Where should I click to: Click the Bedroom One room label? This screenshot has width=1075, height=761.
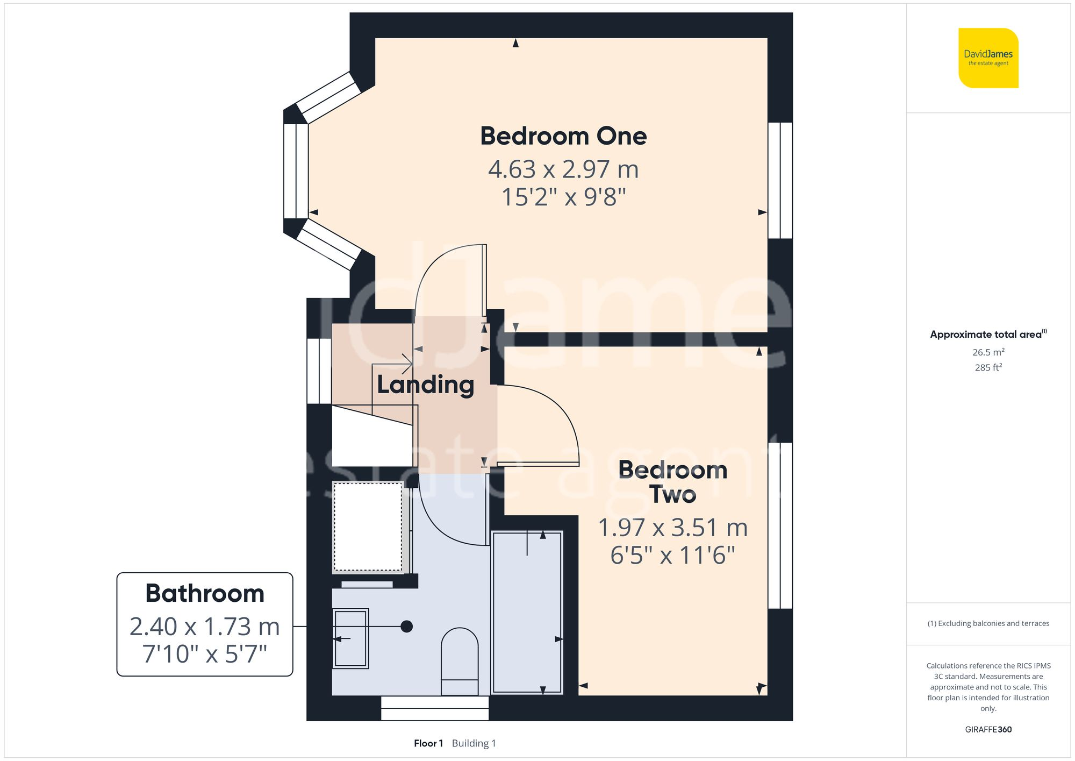click(x=563, y=136)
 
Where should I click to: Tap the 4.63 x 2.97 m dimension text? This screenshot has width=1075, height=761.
click(x=563, y=169)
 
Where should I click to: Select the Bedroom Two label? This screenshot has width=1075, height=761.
click(x=672, y=482)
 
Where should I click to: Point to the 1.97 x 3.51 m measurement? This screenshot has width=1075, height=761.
click(x=672, y=528)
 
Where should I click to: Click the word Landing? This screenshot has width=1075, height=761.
click(x=425, y=385)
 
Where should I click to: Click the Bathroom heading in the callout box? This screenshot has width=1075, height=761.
click(x=205, y=594)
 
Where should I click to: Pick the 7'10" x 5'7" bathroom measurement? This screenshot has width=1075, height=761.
click(x=205, y=654)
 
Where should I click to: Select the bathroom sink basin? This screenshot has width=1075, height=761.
click(x=350, y=638)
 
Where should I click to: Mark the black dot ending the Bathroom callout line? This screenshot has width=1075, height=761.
click(x=407, y=627)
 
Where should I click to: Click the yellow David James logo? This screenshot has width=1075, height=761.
click(x=988, y=58)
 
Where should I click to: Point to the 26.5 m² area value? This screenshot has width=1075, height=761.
click(x=988, y=352)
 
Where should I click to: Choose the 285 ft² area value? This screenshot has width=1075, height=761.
click(x=988, y=367)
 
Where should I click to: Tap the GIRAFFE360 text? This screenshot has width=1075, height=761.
click(x=988, y=729)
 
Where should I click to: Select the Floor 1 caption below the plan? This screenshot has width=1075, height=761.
click(x=428, y=743)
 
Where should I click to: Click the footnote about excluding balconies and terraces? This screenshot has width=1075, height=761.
click(x=988, y=623)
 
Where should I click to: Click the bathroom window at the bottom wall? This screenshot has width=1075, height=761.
click(x=435, y=708)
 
